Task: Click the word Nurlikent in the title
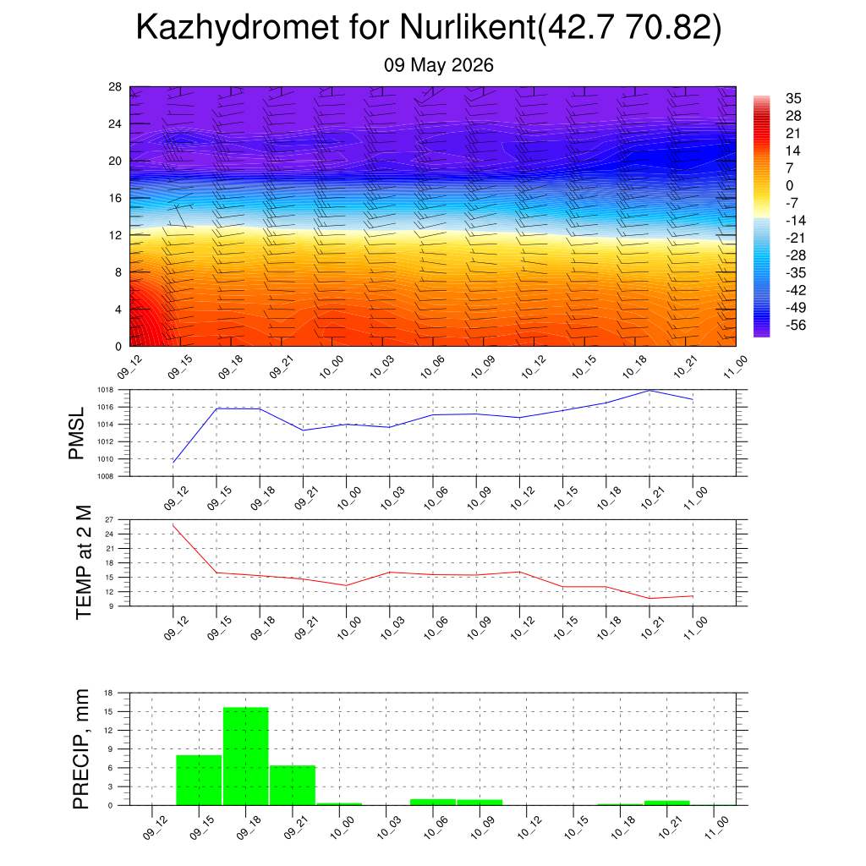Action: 468,26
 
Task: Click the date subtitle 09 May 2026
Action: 439,65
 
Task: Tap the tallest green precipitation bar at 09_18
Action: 246,756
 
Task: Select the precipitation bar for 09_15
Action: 199,780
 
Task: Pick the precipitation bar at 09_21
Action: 293,786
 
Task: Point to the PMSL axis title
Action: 76,434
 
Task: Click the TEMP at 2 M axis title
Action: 83,562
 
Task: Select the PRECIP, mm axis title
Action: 80,749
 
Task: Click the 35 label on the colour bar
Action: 793,98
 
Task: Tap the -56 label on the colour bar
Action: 796,325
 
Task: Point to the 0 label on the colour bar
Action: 789,185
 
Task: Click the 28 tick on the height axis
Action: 115,87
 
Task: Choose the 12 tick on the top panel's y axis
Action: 115,235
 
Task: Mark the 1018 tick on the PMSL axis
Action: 106,390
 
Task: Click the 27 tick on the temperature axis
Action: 109,520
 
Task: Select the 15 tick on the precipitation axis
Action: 108,711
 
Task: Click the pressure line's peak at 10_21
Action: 649,391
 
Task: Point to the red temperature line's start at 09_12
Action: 173,525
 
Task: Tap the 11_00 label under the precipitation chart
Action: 717,827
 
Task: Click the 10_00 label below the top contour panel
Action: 332,367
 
